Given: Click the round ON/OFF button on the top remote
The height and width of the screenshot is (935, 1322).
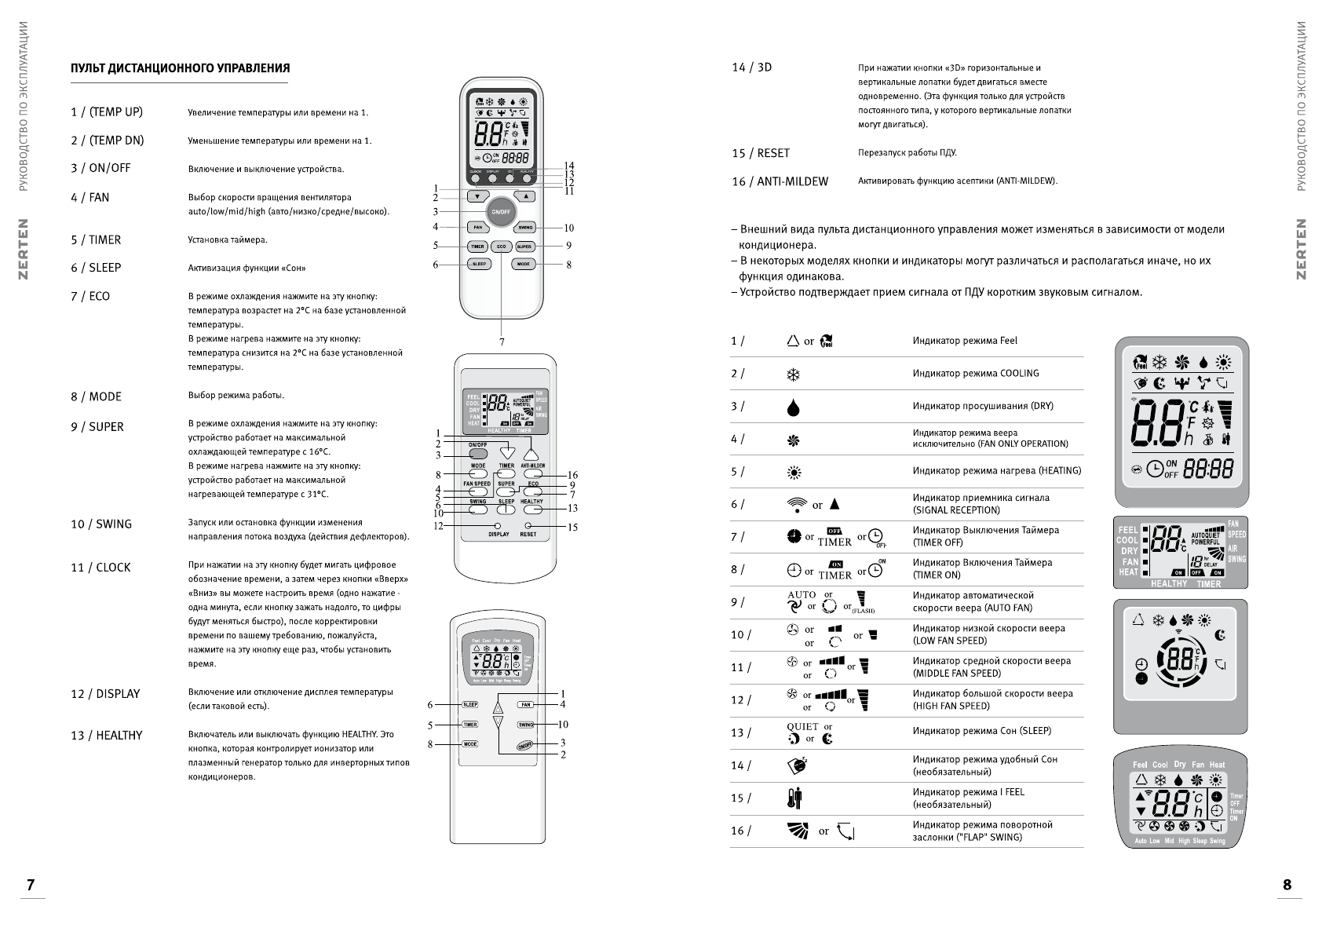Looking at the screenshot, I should point(501,212).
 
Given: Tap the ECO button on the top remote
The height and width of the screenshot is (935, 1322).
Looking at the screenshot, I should point(501,247).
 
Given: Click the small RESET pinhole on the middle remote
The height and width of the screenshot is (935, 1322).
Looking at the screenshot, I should point(528,525).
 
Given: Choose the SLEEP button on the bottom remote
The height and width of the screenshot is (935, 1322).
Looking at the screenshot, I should point(469,705).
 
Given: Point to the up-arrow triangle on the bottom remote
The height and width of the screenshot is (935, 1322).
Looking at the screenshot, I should point(498,706).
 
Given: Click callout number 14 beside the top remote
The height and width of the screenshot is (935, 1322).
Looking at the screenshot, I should point(569,166).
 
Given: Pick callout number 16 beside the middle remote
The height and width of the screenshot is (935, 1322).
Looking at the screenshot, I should point(572,475).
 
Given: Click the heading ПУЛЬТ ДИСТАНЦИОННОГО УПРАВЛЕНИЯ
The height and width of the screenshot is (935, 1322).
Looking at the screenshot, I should point(180,68).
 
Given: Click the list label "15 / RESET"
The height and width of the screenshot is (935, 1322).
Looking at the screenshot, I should point(761,153).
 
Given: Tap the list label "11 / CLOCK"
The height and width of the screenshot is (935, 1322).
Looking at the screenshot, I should point(100,568).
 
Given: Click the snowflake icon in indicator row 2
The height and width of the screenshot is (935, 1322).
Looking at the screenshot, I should point(793,374).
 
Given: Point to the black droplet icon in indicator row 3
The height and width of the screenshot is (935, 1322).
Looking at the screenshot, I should point(793,407).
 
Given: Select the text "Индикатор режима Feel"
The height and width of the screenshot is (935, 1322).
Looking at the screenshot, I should point(965,341).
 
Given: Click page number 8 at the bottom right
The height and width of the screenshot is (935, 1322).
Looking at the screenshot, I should point(1287,885).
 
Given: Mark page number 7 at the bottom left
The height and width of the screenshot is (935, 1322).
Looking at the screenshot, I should point(31,885).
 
